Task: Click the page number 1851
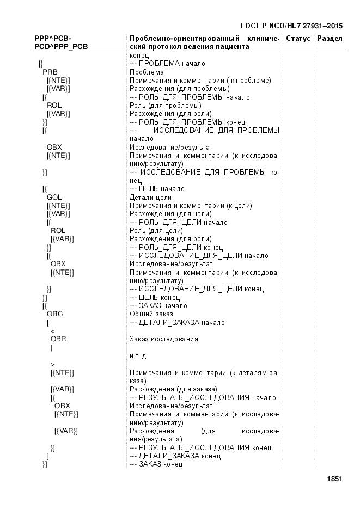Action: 334,479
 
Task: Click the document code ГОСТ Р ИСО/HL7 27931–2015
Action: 291,26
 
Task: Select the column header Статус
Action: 298,39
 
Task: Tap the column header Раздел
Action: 330,39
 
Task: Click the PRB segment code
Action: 50,72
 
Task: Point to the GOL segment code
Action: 54,197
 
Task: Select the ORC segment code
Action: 55,314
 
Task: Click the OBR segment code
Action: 58,339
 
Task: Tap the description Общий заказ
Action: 151,314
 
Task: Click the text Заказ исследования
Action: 163,339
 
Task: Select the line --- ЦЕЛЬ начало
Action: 157,189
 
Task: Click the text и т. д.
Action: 138,355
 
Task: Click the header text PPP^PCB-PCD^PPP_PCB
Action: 61,42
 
